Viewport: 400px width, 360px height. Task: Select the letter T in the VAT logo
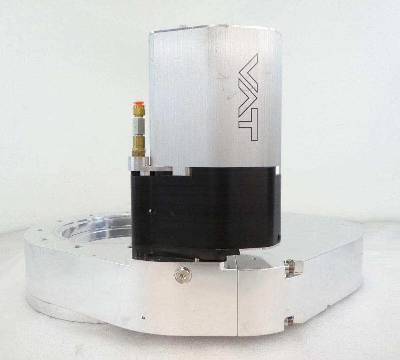[248, 127]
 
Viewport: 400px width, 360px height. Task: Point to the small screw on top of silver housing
[183, 26]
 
